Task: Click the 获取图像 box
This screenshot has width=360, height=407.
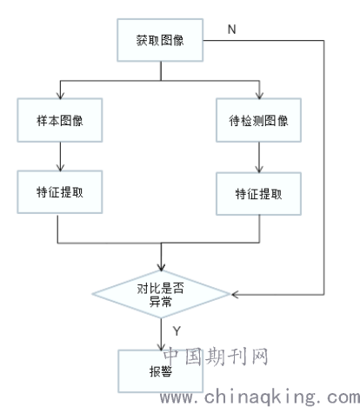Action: click(160, 40)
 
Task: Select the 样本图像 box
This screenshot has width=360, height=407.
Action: click(60, 120)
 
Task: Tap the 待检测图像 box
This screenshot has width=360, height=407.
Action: click(258, 120)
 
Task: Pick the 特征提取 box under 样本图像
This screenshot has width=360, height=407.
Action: click(60, 192)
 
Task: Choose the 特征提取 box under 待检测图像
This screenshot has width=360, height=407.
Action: click(258, 194)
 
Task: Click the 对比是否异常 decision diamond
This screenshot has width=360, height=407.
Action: click(161, 294)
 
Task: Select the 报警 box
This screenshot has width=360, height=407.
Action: click(160, 371)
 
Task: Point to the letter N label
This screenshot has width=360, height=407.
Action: click(232, 30)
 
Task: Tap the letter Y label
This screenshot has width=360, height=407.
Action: click(177, 330)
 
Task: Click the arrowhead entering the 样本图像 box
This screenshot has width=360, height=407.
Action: click(60, 96)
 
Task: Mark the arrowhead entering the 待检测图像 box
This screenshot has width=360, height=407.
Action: click(259, 96)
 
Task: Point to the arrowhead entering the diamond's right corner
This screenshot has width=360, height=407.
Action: click(235, 295)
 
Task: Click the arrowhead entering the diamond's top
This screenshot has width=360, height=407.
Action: click(161, 267)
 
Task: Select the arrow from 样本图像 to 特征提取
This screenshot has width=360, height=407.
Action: click(60, 157)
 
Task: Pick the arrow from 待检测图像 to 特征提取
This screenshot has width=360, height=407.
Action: click(259, 157)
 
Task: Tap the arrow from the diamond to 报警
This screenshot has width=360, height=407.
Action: click(161, 334)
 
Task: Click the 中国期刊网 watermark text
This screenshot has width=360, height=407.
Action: click(216, 357)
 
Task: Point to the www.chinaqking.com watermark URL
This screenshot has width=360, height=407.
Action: click(260, 397)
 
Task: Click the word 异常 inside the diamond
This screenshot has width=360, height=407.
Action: click(160, 302)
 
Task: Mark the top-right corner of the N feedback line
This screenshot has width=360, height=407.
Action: click(323, 40)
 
